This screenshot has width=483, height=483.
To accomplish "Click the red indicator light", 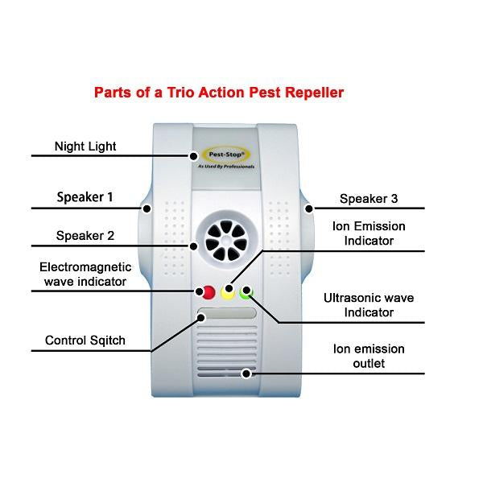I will pyautogui.click(x=207, y=293).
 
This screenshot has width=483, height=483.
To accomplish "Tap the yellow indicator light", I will pyautogui.click(x=228, y=292).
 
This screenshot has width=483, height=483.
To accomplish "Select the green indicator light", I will pyautogui.click(x=246, y=292).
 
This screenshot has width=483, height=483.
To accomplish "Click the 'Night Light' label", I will pyautogui.click(x=85, y=147).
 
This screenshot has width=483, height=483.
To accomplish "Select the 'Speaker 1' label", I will pyautogui.click(x=85, y=196).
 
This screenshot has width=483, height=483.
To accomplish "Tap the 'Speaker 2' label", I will pyautogui.click(x=85, y=236).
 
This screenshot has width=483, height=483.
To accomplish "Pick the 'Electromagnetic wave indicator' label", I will pyautogui.click(x=85, y=274).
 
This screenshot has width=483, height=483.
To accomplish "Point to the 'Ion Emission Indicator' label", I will pyautogui.click(x=369, y=233).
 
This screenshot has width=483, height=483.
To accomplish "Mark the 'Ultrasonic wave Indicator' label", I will pyautogui.click(x=369, y=304).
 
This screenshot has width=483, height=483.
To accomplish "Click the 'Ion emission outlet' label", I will pyautogui.click(x=369, y=356).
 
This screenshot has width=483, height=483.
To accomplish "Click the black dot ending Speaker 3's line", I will pyautogui.click(x=308, y=208).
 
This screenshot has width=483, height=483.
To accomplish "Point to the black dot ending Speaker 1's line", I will pyautogui.click(x=147, y=208).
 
